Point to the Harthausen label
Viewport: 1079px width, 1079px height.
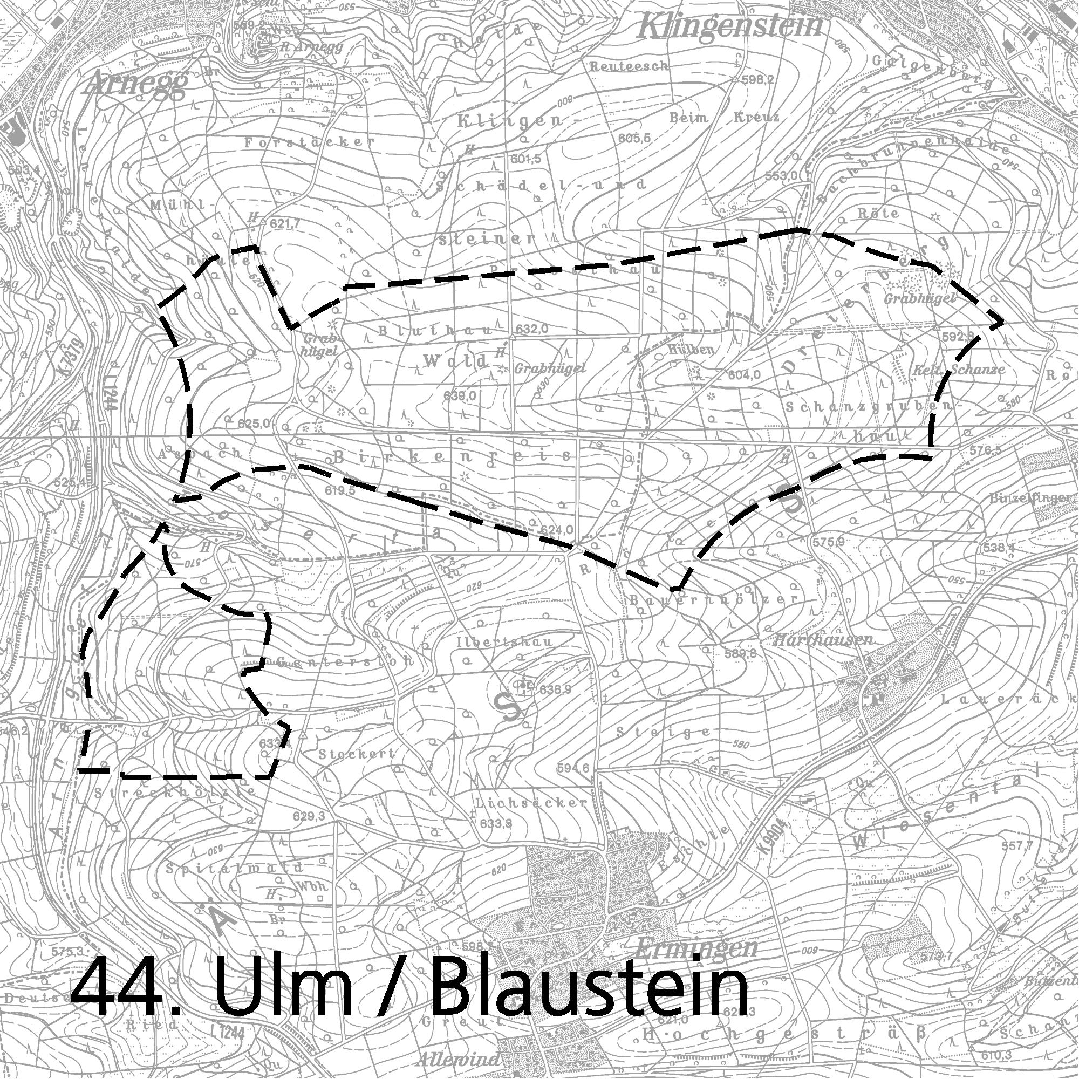coord(823,640)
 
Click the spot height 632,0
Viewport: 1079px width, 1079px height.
coord(530,330)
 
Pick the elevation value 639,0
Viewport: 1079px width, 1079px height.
coord(460,395)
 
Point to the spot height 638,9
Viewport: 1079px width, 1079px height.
coord(556,689)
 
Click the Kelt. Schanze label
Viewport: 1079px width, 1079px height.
coord(958,369)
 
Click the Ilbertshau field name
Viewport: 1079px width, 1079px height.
coord(504,641)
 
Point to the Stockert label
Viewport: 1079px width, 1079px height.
coord(356,753)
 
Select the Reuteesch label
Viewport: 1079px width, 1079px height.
coord(629,66)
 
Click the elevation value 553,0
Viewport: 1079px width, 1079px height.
coord(781,176)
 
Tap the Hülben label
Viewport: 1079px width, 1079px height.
coord(691,350)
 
